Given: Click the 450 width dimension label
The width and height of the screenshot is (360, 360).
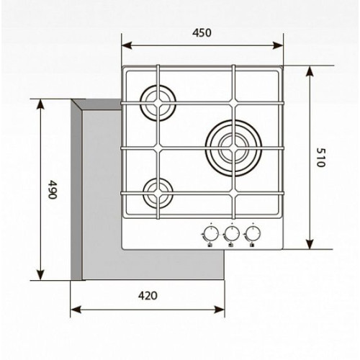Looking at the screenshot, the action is pyautogui.click(x=202, y=33).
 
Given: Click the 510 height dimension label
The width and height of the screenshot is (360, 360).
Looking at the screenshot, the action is pyautogui.click(x=320, y=157).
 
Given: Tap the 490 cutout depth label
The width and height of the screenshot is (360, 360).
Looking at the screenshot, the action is pyautogui.click(x=52, y=189).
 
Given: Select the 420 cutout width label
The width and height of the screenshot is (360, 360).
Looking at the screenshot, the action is pyautogui.click(x=148, y=296).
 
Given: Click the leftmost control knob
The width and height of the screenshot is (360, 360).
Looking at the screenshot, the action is pyautogui.click(x=211, y=233).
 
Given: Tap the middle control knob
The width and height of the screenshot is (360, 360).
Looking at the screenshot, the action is pyautogui.click(x=232, y=233).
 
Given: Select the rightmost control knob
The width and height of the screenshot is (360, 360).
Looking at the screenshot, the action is pyautogui.click(x=252, y=233).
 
